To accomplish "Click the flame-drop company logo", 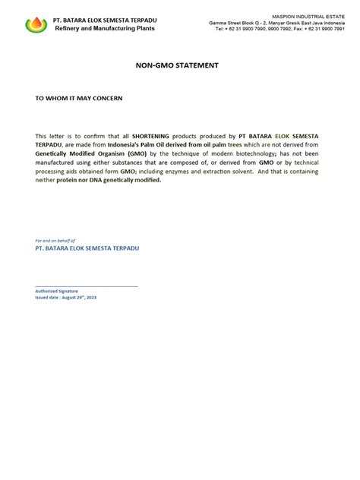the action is pos(36,24).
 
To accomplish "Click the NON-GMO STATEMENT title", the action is pos(177,65).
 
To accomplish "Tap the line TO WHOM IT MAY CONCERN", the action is pos(79,99).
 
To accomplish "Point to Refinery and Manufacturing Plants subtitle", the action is pos(104,28).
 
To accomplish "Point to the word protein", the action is pos(68,180).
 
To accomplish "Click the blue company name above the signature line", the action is pos(87,248).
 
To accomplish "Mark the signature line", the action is pos(87,286).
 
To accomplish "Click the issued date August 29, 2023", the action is pos(66,297).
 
